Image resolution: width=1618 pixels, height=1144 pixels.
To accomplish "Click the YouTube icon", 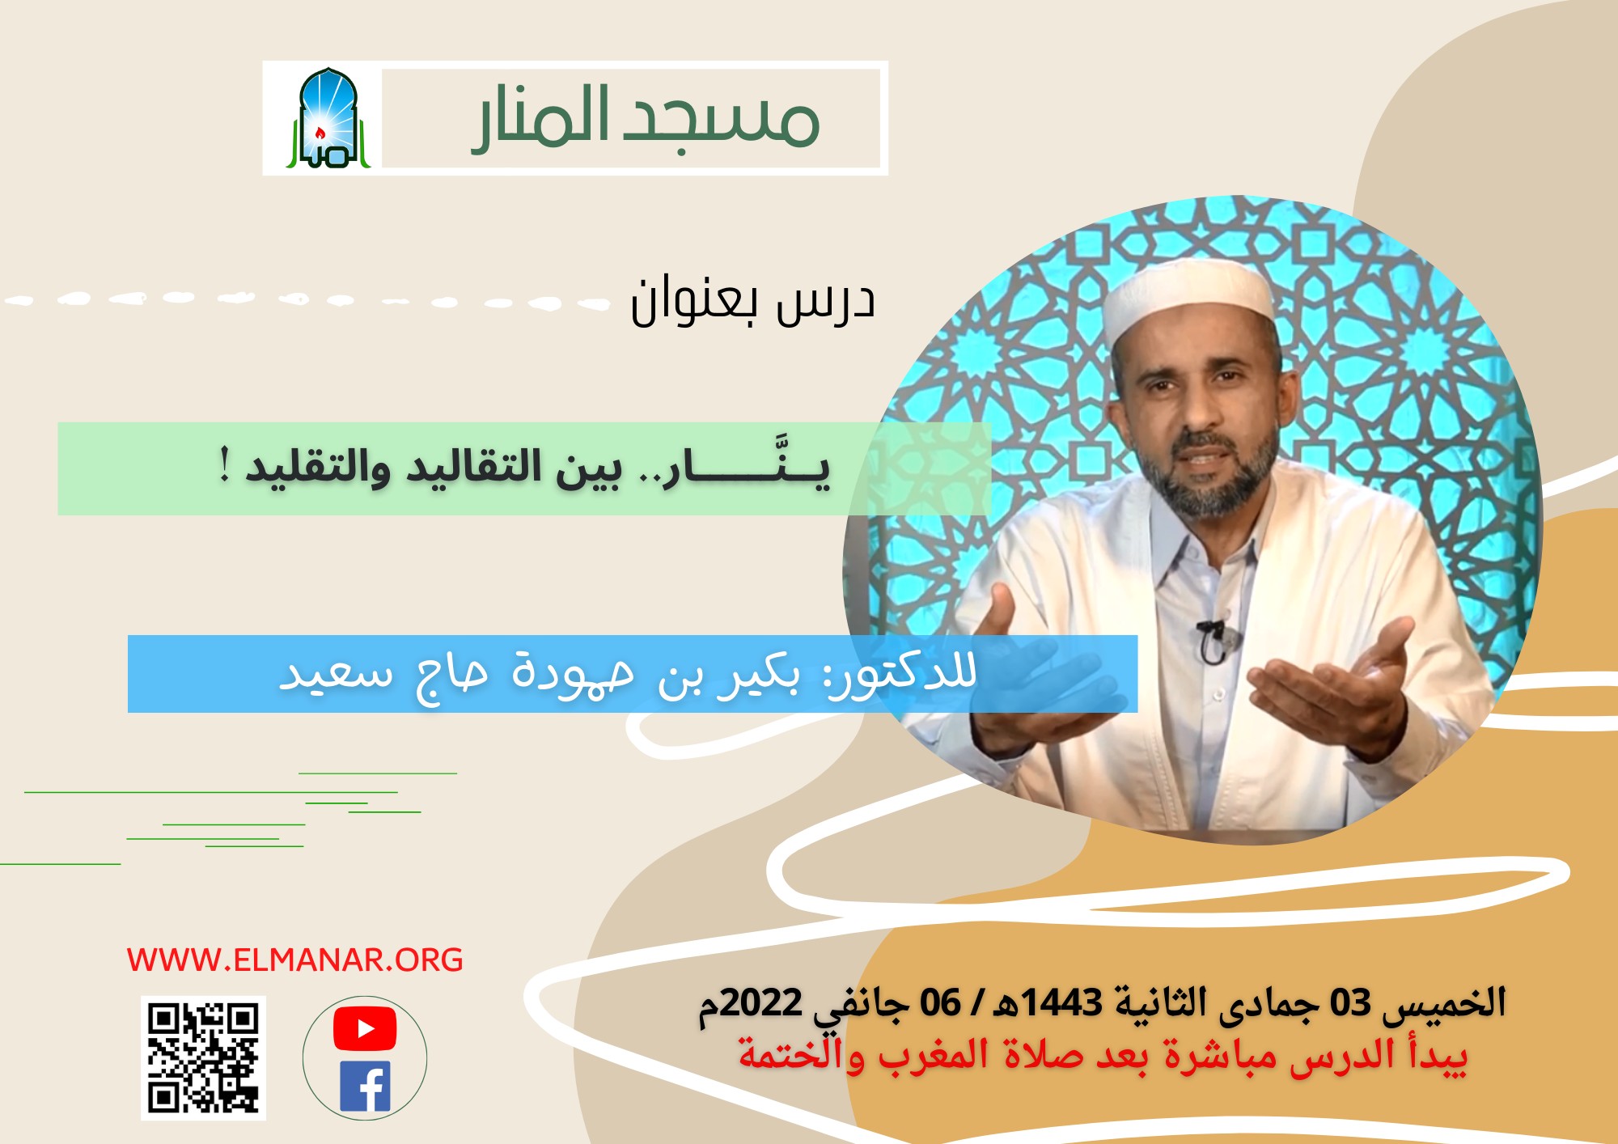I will [x=365, y=1028].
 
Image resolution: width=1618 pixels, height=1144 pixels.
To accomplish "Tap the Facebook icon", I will [x=366, y=1087].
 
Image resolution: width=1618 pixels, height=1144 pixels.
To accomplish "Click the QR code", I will [x=203, y=1057].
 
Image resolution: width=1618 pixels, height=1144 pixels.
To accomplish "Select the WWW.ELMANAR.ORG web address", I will [x=295, y=960].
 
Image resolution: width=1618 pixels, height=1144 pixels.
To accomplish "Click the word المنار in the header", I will [x=542, y=118].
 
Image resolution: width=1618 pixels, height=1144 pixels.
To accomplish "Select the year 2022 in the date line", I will [x=761, y=1003].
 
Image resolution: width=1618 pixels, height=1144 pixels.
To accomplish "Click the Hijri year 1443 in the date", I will [x=1061, y=1003].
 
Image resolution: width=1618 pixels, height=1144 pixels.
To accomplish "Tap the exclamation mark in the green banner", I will [x=226, y=467].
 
